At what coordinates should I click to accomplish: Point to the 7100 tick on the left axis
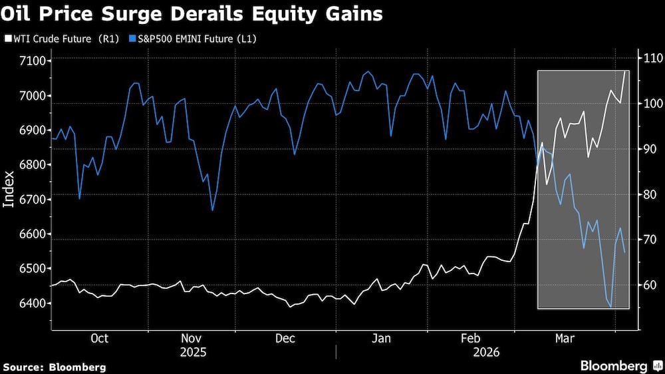[31, 61]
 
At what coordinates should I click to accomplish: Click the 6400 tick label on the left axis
[31, 303]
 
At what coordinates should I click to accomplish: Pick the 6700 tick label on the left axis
[31, 200]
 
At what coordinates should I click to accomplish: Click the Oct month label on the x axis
[99, 338]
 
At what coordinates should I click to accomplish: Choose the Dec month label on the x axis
[285, 338]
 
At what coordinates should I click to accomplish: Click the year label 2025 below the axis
[193, 351]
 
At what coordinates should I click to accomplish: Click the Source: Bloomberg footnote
[55, 367]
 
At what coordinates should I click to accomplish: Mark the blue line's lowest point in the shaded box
[611, 307]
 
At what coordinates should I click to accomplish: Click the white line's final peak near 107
[625, 71]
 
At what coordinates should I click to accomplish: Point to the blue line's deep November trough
[212, 210]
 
